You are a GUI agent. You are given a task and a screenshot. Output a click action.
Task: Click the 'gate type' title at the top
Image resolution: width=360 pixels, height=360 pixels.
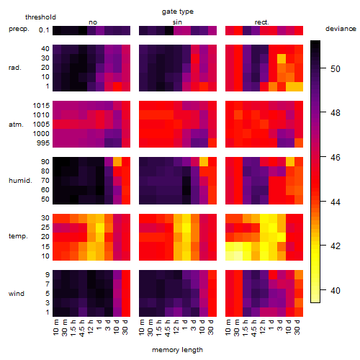(178, 12)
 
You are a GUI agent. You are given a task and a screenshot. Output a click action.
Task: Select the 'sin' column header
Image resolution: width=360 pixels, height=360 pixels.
(177, 22)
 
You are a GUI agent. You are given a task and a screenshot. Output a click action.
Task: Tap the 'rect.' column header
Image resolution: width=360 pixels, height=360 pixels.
(261, 22)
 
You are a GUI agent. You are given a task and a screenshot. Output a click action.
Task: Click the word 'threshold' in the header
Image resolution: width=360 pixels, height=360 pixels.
(40, 17)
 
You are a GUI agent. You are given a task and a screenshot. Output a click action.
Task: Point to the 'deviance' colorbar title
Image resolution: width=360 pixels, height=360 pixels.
(341, 29)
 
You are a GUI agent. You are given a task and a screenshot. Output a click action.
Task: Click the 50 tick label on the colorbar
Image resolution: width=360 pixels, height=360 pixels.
(336, 69)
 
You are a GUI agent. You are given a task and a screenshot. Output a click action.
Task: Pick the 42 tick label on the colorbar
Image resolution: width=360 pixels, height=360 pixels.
(336, 246)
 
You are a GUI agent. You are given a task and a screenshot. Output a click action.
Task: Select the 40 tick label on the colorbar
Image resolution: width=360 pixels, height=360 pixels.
(336, 291)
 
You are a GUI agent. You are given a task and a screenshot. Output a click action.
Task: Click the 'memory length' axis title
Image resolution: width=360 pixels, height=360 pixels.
(177, 350)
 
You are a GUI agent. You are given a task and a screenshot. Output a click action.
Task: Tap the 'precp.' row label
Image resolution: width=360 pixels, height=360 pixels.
(19, 29)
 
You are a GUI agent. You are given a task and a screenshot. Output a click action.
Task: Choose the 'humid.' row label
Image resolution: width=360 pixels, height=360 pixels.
(20, 180)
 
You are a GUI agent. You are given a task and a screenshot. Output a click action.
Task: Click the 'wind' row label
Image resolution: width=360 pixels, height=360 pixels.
(17, 293)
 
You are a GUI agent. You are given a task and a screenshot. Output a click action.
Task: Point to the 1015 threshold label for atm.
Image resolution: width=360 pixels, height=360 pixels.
(41, 105)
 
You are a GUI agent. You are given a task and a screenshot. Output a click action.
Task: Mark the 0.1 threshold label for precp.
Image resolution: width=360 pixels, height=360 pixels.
(44, 30)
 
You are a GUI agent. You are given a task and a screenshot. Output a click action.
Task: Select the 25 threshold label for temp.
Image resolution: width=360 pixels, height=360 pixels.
(45, 227)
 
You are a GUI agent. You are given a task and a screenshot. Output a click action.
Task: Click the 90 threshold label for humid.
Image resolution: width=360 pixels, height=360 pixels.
(45, 161)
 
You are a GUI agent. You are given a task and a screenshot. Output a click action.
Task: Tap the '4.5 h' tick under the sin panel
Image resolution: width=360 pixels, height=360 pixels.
(168, 328)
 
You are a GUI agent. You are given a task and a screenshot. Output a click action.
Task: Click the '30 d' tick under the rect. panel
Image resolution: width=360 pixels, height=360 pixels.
(297, 327)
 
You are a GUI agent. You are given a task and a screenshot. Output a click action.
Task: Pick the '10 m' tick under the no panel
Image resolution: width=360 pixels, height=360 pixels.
(55, 328)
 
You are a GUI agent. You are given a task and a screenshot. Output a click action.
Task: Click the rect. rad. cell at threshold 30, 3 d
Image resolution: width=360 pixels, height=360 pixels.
(282, 58)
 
